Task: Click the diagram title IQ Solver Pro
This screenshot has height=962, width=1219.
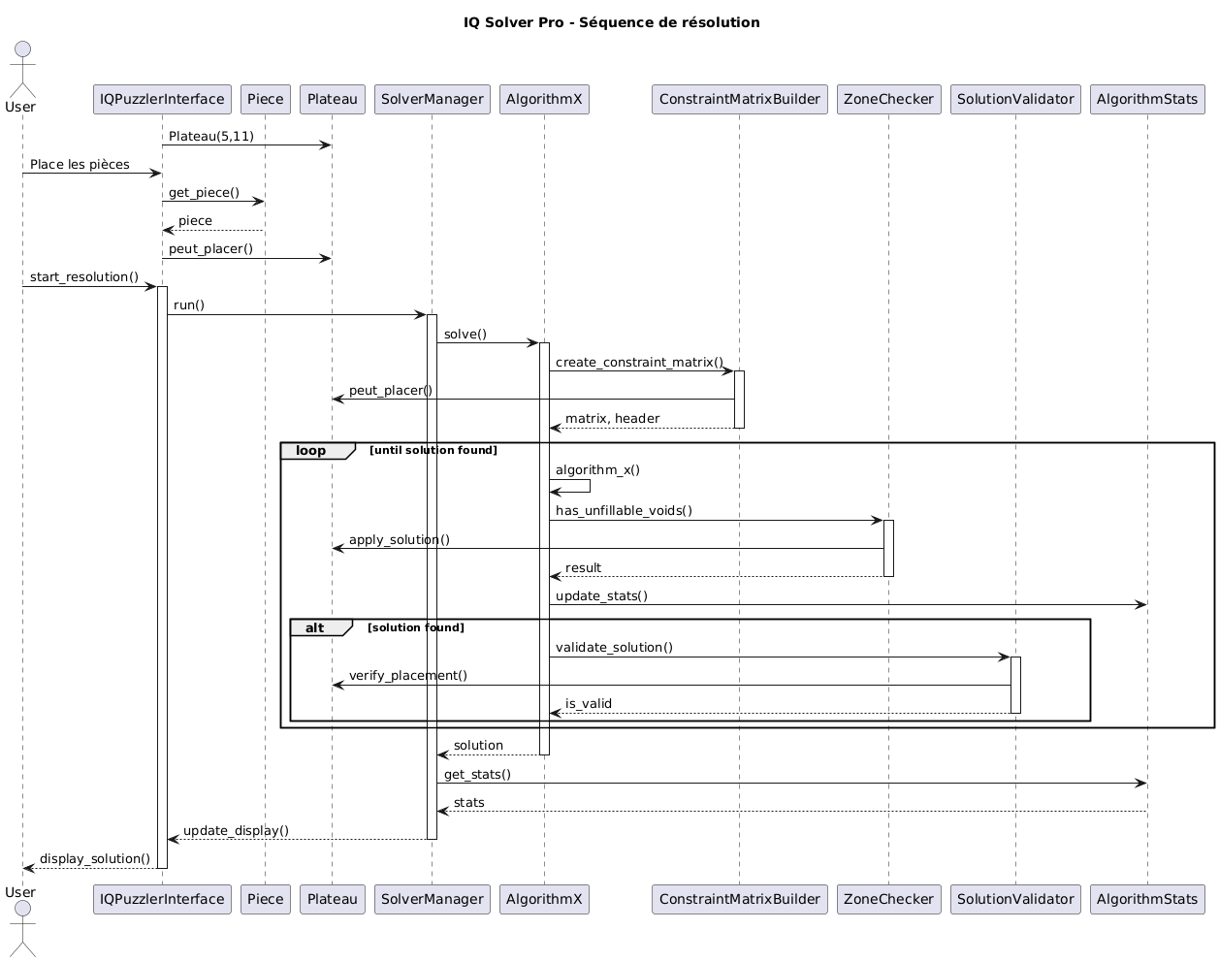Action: [x=611, y=22]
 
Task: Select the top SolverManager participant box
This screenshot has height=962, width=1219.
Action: [x=432, y=99]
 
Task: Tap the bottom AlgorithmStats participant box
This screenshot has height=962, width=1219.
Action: [x=1147, y=899]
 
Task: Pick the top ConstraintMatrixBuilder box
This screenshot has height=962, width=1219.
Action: [x=739, y=99]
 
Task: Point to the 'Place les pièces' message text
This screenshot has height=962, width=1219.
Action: [x=80, y=165]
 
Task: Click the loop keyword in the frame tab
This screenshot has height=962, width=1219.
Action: [x=311, y=451]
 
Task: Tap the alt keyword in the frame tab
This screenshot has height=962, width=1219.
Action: [x=315, y=628]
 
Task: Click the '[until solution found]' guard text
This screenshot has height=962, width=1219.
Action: [x=433, y=451]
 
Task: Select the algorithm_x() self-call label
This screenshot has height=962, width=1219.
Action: [x=597, y=470]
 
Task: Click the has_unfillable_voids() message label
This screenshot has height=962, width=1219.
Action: [x=624, y=511]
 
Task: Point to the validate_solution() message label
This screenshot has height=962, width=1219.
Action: [x=614, y=648]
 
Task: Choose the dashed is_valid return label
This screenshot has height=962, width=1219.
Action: [x=588, y=704]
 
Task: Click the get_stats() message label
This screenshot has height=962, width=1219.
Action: [x=477, y=775]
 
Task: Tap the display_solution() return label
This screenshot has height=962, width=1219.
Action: [x=95, y=859]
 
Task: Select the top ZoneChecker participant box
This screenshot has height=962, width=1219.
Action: [x=888, y=99]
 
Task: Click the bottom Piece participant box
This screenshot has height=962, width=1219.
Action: [x=265, y=899]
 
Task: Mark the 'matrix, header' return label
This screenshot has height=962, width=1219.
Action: [x=612, y=419]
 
